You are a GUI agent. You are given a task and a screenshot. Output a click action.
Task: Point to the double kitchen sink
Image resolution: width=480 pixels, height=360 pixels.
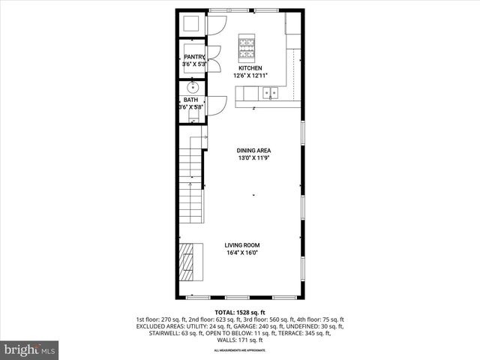click(x=269, y=93)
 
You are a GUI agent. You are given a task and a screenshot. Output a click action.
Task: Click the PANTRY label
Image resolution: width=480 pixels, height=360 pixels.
click(x=194, y=57)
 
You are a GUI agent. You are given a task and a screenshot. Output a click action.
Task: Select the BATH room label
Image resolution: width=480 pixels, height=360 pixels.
click(x=192, y=100)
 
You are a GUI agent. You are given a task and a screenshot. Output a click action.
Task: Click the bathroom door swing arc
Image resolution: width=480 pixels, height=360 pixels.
click(x=214, y=104)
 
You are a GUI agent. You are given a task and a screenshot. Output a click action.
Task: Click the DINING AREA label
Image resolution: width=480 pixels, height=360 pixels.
click(x=253, y=151)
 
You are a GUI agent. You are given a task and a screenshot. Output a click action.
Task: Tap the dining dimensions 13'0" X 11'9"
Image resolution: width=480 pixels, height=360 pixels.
click(x=253, y=158)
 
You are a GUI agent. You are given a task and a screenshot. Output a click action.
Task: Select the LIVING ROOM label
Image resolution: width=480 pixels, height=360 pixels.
click(x=242, y=245)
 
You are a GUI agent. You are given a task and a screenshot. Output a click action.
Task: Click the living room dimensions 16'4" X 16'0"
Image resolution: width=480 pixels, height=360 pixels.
click(x=242, y=253)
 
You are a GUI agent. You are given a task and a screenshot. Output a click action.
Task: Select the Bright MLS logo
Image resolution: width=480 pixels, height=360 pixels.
click(x=29, y=349)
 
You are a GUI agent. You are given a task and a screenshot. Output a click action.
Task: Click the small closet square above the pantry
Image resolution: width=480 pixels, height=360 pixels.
click(x=191, y=22)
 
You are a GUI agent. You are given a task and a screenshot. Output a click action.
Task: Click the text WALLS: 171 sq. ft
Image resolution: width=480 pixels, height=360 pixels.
click(x=240, y=340)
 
